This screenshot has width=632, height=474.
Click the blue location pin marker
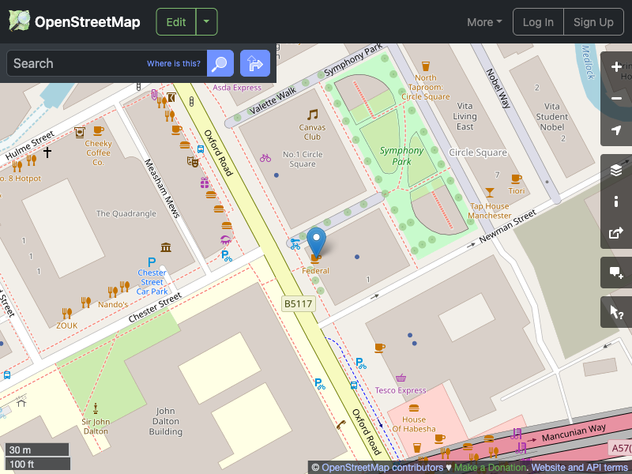316,240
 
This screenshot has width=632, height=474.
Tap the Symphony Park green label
401,156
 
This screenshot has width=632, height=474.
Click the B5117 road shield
297,303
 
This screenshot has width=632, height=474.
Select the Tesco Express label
401,390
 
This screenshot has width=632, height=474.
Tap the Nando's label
113,304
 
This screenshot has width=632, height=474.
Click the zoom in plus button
616,67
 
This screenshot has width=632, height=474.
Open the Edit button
176,22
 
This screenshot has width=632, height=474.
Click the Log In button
538,22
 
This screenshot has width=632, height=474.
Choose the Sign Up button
593,22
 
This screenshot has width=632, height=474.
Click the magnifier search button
220,63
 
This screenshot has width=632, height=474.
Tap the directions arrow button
254,63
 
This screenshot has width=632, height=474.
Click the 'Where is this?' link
174,64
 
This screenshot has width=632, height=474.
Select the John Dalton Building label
166,421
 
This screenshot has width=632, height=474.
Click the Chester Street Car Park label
152,282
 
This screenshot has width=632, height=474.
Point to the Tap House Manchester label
489,211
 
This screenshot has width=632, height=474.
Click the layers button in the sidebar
616,170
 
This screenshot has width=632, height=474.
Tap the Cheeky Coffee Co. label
99,153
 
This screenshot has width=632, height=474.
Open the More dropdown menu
484,22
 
